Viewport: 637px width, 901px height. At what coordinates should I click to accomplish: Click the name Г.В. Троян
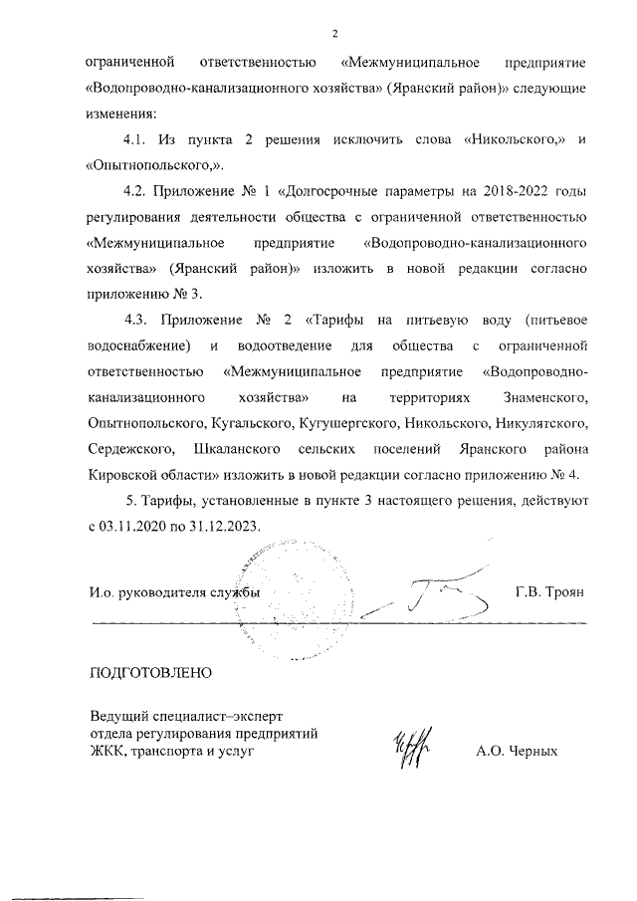549,591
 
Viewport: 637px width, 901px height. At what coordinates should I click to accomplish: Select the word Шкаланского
234,448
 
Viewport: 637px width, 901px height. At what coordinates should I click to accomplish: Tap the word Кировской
122,474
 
